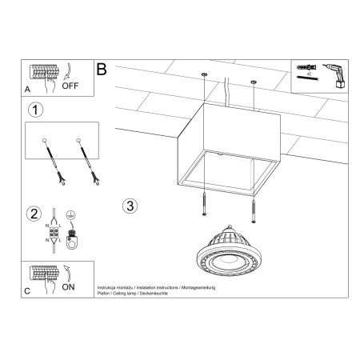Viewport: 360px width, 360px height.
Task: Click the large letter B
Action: coord(102,70)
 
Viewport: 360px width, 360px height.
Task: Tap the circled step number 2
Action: coord(34,213)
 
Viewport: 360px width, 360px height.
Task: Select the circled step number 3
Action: coord(131,205)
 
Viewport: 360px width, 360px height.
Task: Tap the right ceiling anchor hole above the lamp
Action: coord(254,83)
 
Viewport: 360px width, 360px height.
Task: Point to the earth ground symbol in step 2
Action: coord(70,214)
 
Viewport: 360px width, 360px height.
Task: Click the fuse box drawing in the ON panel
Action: coord(42,270)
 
